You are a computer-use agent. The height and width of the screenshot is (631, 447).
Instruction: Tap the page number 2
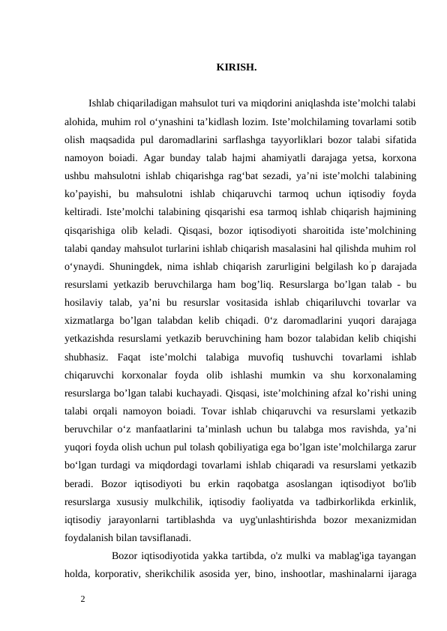pyautogui.click(x=83, y=598)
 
